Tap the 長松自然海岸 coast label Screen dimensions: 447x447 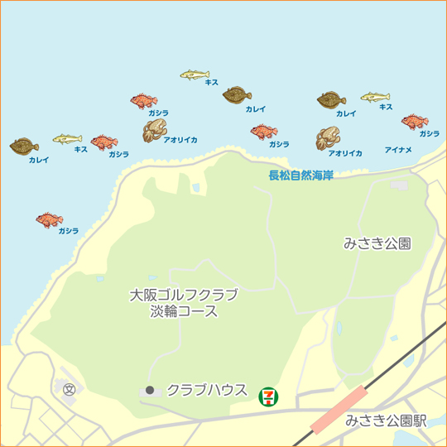(x=300, y=175)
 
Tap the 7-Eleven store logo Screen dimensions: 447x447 (x=268, y=396)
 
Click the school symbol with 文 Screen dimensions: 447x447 (x=69, y=387)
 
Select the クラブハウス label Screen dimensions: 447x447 (x=207, y=389)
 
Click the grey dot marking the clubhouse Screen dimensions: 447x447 (x=150, y=389)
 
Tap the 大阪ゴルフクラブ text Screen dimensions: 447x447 (x=184, y=295)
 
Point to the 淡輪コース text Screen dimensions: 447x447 (x=184, y=312)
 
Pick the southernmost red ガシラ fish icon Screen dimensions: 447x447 (x=49, y=220)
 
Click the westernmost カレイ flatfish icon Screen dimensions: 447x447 (x=25, y=146)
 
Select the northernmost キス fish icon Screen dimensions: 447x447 (x=195, y=74)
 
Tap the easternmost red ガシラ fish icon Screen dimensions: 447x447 (x=415, y=122)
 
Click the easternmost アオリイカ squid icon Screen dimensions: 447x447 (x=328, y=138)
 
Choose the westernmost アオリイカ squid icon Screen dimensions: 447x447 (x=156, y=130)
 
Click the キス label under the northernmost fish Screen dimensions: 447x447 (x=211, y=84)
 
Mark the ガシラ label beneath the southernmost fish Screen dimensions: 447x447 (x=69, y=231)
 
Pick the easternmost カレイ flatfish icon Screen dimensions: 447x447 (x=332, y=100)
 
